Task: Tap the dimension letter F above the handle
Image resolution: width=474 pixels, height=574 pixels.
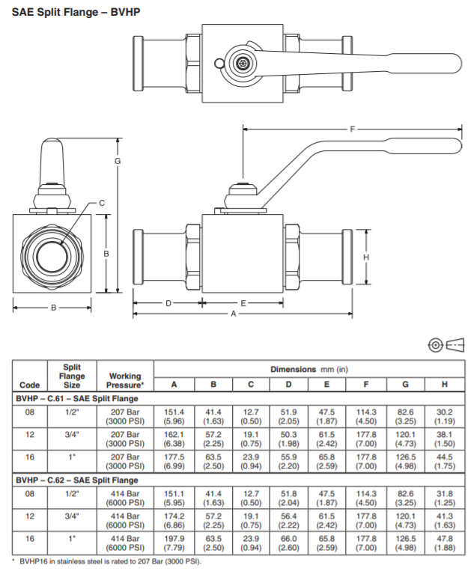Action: (352, 129)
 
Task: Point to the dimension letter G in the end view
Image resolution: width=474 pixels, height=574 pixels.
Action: (118, 162)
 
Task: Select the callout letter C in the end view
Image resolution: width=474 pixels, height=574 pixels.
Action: (101, 203)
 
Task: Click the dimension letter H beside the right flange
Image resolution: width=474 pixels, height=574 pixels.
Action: (366, 257)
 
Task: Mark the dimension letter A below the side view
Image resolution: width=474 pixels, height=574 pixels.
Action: (234, 315)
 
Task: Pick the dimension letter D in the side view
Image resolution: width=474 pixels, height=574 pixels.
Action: (168, 303)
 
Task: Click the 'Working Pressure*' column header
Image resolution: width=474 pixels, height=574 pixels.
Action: (125, 380)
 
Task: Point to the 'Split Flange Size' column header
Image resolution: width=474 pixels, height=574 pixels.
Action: (72, 376)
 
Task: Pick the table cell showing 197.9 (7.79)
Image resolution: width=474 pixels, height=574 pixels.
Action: (174, 543)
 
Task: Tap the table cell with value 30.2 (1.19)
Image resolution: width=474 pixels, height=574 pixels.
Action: (445, 416)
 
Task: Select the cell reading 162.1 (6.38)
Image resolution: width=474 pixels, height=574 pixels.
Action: (174, 439)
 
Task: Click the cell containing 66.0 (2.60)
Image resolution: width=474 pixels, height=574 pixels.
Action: (289, 543)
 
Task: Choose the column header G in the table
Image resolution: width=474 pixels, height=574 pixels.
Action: (405, 385)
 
